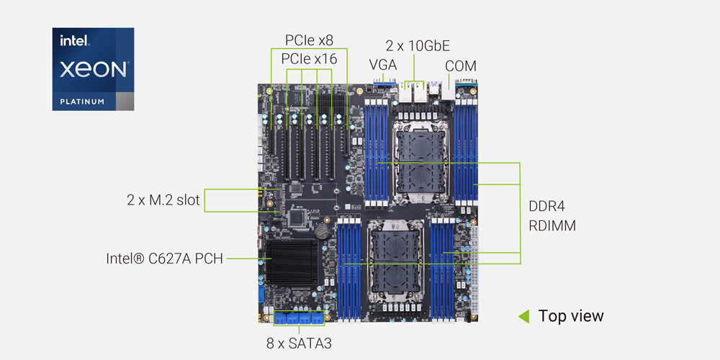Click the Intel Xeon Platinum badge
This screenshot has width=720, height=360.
(x=93, y=69)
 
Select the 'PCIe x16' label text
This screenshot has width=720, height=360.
(x=309, y=59)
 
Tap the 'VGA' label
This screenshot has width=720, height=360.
(x=383, y=65)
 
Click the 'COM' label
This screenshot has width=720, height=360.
(x=460, y=66)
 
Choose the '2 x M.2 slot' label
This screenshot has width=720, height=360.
(x=163, y=200)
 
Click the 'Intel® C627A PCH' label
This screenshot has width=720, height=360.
(x=164, y=257)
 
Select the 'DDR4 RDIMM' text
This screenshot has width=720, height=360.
(x=552, y=216)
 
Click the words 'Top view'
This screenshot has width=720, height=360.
(x=571, y=316)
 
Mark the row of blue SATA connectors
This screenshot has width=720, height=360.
(x=299, y=318)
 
